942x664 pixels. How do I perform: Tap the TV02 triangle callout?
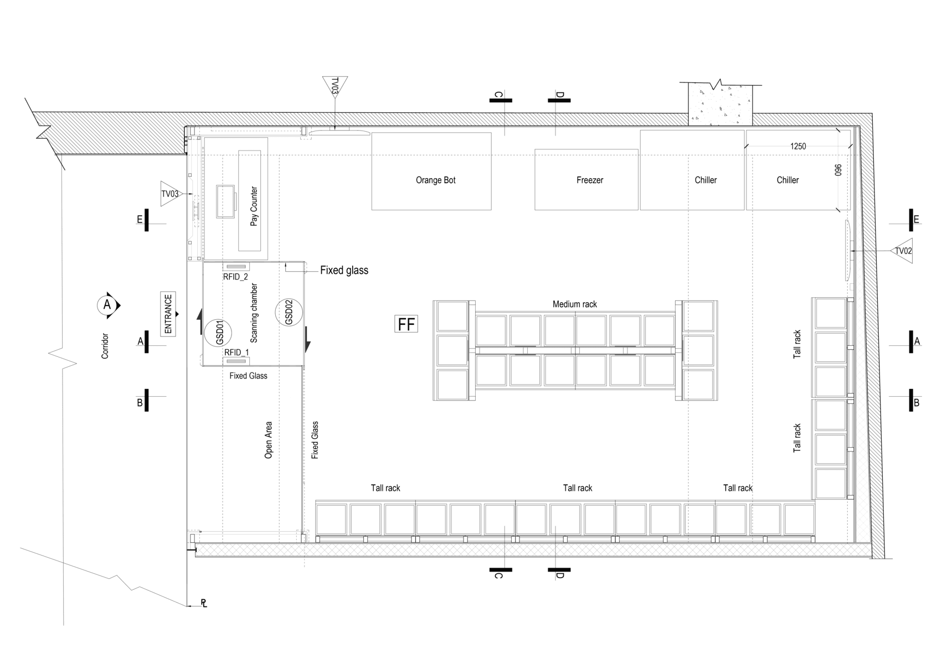coord(902,251)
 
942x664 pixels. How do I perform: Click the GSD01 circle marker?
coord(218,332)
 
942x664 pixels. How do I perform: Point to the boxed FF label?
coord(406,324)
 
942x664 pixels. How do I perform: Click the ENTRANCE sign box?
coord(168,314)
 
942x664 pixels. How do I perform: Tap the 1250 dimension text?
coord(798,147)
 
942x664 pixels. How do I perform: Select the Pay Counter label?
coord(254,206)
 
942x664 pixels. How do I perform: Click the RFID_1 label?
coord(236,352)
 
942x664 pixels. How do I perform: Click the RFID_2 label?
coord(235,277)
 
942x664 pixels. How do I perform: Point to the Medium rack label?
coord(575,304)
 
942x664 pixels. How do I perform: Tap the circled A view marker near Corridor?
coord(107,305)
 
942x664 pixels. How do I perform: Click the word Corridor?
coord(105,346)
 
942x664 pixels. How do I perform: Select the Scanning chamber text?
coord(254,313)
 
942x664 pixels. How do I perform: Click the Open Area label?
coord(269,440)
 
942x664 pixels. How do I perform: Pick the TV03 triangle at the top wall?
coord(334,87)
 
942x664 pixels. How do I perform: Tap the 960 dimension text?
coord(838,170)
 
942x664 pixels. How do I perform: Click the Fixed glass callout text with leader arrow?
coord(344,271)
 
